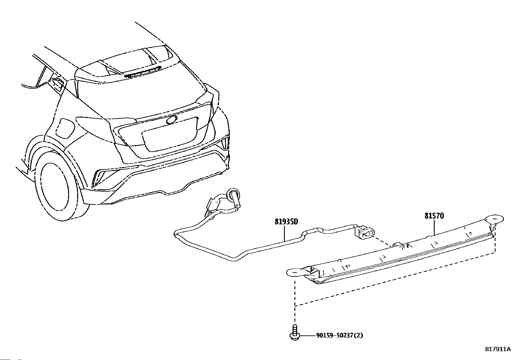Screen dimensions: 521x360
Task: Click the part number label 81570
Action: tap(434, 216)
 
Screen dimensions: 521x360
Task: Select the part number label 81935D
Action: tap(286, 222)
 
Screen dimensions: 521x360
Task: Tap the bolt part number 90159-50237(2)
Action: tap(340, 335)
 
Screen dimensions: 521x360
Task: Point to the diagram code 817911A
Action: tap(497, 349)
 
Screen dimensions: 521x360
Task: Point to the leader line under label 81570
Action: tap(434, 227)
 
